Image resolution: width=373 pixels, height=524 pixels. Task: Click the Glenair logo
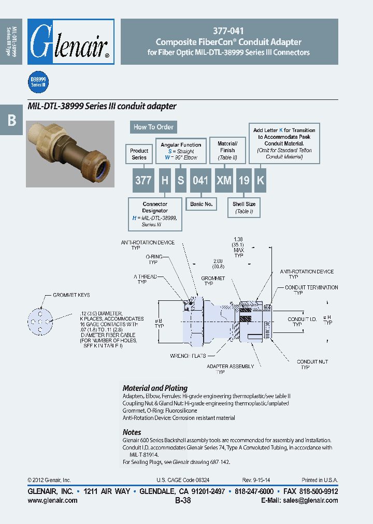(x=70, y=41)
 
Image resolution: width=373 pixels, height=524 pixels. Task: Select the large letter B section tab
(x=11, y=120)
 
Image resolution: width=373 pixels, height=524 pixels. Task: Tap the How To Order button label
(x=153, y=127)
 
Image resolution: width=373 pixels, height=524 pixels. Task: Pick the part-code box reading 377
(x=143, y=180)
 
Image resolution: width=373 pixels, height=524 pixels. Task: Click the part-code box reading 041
(x=200, y=180)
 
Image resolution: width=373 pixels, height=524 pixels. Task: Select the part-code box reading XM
(x=224, y=180)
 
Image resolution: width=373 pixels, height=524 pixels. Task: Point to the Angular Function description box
(x=181, y=151)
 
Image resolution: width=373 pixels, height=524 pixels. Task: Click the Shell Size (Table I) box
(x=243, y=208)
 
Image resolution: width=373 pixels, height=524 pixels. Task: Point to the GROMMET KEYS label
(x=71, y=295)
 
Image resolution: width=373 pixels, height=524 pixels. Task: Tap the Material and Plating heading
(x=155, y=388)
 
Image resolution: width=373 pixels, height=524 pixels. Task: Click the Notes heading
(x=132, y=432)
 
